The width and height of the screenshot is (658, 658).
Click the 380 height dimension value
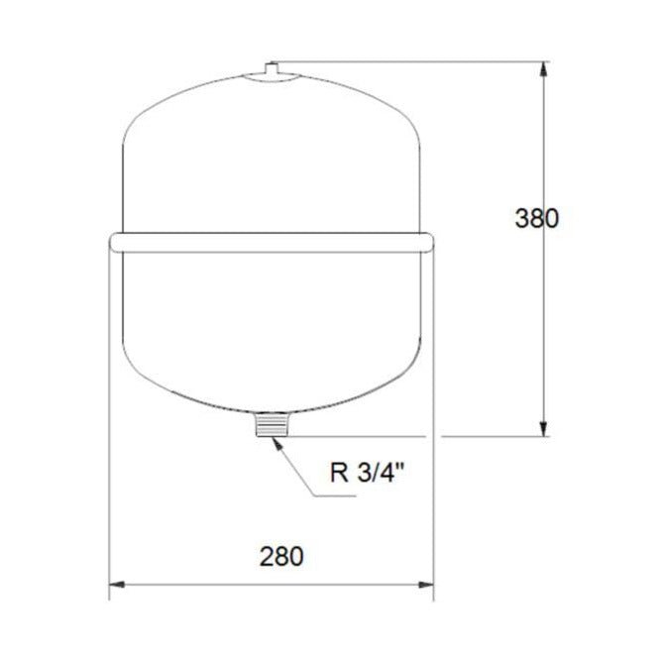[536, 218]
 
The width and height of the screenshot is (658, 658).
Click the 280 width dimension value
[281, 556]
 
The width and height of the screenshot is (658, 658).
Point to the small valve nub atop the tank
[273, 69]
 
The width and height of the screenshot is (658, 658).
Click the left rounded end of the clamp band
[114, 241]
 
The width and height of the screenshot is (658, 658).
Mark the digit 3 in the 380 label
[521, 218]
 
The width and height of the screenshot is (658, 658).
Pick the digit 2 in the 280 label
[268, 556]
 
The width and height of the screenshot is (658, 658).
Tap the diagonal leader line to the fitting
[299, 471]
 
